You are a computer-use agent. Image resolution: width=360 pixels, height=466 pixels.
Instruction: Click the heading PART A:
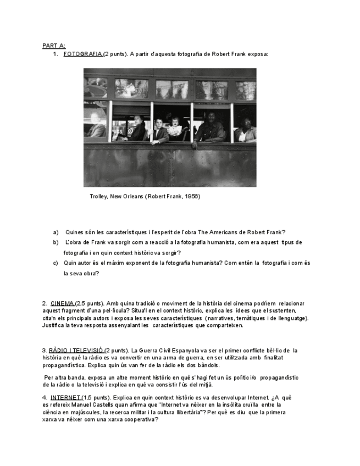pos(53,46)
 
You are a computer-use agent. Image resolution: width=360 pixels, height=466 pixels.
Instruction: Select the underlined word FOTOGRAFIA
pos(83,54)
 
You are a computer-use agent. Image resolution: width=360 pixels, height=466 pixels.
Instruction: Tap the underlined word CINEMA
pos(62,303)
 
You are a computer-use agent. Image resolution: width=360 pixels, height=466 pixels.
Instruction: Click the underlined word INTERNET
pos(65,397)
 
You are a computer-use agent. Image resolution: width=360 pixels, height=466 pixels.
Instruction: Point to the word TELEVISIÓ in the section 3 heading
pos(89,350)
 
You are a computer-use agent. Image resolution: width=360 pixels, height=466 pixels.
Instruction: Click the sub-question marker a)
pos(56,232)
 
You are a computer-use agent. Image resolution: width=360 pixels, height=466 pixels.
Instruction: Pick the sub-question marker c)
pos(56,263)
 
